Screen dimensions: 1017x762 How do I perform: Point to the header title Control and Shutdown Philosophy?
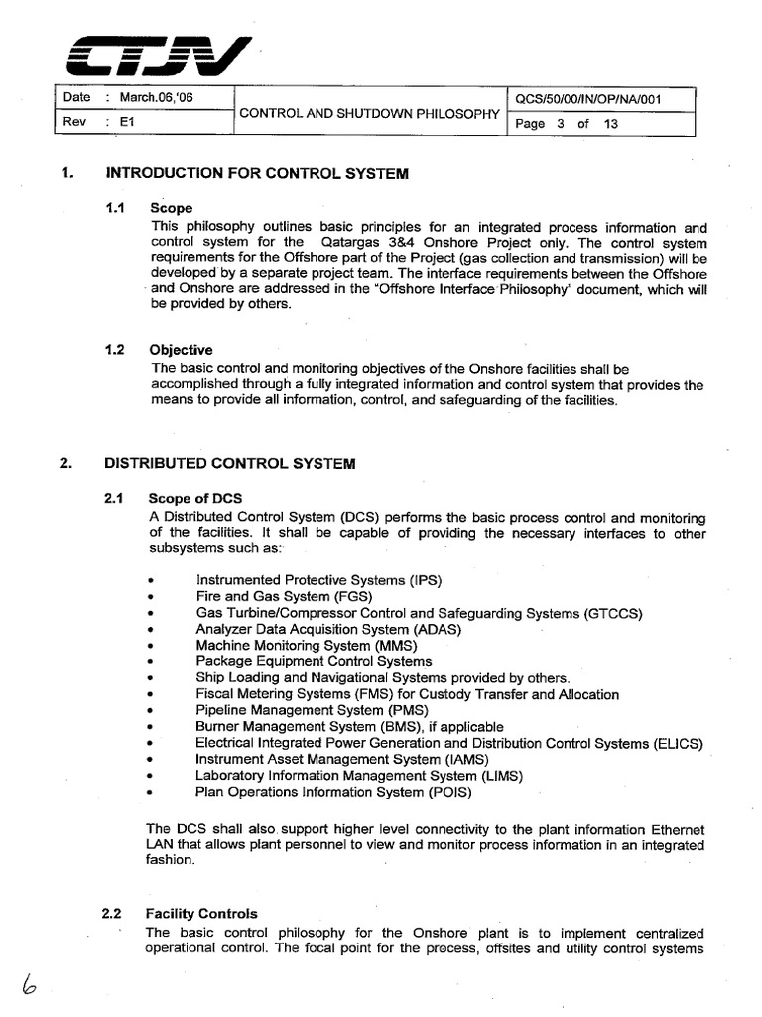click(x=368, y=113)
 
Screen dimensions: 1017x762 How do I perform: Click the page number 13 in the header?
click(x=611, y=124)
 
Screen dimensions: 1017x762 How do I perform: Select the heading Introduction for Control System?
click(x=256, y=173)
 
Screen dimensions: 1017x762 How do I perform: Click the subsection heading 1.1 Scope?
click(x=171, y=209)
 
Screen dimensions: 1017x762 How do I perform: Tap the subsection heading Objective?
click(x=181, y=350)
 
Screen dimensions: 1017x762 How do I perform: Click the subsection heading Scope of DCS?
click(x=194, y=498)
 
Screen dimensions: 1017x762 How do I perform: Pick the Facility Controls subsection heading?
click(x=202, y=913)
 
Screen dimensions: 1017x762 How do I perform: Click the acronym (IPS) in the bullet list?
click(x=424, y=579)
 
